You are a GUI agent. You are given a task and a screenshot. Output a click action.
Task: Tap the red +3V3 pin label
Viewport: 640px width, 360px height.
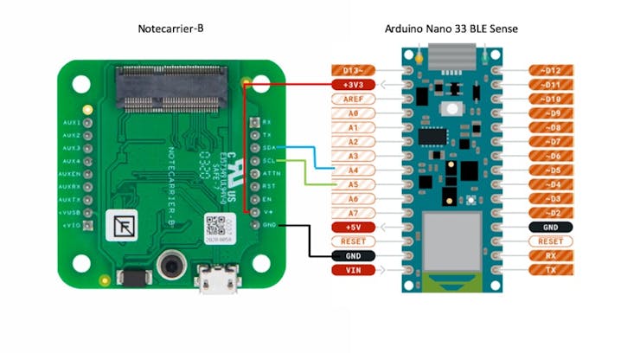(x=353, y=85)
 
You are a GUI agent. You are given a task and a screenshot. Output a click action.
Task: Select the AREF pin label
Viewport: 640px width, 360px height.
(x=353, y=99)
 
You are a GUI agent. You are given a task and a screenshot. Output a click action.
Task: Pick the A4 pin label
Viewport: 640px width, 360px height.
(x=353, y=170)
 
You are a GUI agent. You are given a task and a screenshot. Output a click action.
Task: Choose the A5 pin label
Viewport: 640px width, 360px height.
(x=353, y=184)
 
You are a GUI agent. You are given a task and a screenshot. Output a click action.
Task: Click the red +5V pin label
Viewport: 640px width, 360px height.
(x=353, y=227)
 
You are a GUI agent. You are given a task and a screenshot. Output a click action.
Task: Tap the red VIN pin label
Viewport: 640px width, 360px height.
(x=353, y=270)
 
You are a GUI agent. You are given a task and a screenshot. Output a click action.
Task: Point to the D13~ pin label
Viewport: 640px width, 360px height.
(x=353, y=70)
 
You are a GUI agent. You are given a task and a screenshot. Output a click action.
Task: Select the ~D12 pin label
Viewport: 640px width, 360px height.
(x=551, y=70)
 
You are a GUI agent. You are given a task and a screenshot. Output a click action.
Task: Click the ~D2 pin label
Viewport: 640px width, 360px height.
(x=551, y=213)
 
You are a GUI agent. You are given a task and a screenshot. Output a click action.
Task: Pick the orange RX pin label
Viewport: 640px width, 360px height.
(x=551, y=255)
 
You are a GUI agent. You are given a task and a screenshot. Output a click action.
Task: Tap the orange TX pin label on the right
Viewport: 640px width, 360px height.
(x=551, y=270)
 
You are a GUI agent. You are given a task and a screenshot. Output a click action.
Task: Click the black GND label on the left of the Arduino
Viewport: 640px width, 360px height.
(x=353, y=255)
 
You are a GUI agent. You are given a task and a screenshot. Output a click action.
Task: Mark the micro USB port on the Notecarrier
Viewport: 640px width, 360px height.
(x=213, y=279)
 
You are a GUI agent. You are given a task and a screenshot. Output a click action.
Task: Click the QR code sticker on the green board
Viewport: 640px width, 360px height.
(x=215, y=228)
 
